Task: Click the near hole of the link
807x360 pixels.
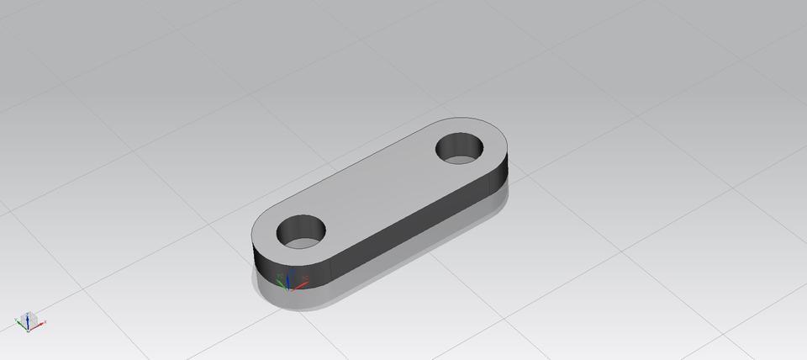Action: coord(301,234)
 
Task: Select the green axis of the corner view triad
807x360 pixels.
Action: coord(20,322)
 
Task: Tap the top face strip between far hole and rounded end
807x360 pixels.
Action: coord(493,143)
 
